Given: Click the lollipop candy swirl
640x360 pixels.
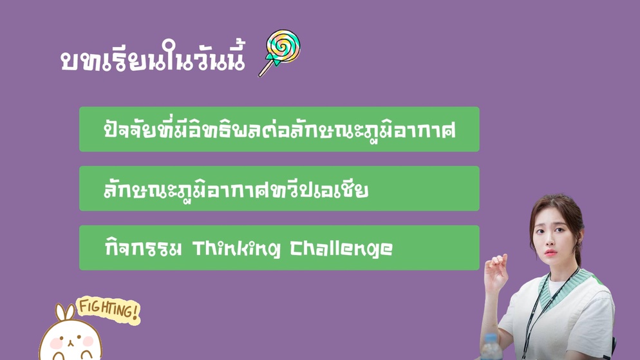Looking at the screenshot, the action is point(283,45).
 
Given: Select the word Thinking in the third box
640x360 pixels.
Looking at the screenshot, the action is point(236,249).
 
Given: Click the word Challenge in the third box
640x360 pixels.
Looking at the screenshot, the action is point(341,249).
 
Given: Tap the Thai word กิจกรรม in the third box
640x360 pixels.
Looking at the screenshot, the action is point(143,247).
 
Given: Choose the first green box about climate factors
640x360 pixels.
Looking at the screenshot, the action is point(279,129).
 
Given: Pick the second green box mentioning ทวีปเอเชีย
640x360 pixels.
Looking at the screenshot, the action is point(279,189).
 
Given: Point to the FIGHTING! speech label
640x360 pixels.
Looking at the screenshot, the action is point(109,310).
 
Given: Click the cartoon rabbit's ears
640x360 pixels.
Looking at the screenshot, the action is point(65,312).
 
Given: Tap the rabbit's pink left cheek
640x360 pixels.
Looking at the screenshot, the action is point(56,343).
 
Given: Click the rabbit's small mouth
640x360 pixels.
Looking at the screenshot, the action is point(70,343).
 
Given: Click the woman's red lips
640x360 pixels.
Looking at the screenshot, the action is point(550,252).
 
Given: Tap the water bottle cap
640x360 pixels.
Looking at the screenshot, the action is point(491,338).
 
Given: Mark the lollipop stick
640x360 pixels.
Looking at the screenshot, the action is point(266,68).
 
